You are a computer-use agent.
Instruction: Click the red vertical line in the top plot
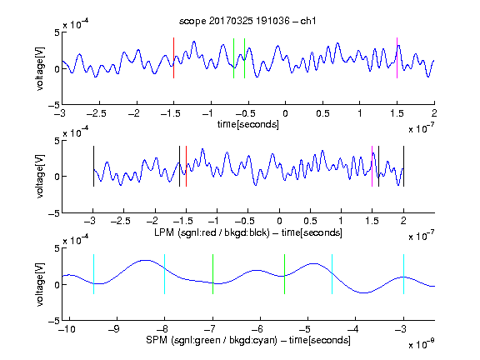point(173,57)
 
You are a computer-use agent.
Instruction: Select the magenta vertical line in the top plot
point(397,57)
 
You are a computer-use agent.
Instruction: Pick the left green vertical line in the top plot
point(233,58)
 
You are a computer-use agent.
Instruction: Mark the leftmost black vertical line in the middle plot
point(93,166)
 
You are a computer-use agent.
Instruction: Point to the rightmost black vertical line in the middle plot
point(403,166)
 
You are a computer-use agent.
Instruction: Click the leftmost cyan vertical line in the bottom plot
point(93,274)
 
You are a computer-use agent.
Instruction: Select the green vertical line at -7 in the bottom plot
point(212,274)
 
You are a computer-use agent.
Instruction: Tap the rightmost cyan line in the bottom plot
point(403,274)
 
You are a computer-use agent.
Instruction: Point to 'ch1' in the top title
point(308,21)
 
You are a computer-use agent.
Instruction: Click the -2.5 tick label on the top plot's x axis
point(97,113)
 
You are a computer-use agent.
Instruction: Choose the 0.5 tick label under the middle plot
point(310,221)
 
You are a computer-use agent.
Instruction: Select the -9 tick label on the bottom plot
point(114,329)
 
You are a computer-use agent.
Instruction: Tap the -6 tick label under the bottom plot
point(257,329)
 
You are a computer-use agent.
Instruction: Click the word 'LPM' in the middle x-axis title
point(164,232)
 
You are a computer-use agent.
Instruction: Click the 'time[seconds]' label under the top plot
point(248,124)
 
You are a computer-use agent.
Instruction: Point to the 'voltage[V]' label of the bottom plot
point(40,284)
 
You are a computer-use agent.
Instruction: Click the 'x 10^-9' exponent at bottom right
point(421,344)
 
